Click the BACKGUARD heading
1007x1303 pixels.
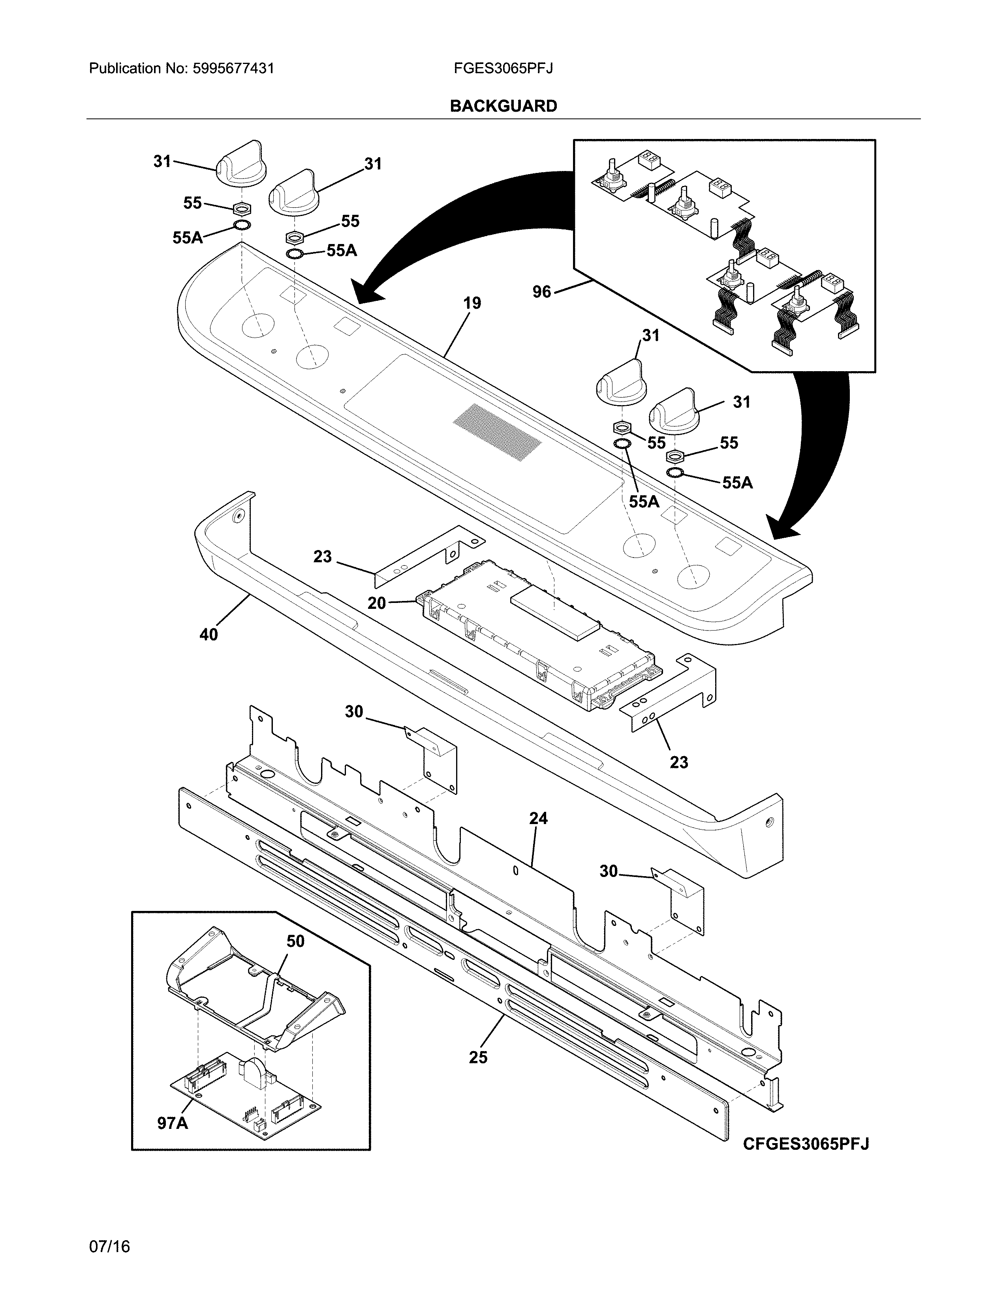(503, 106)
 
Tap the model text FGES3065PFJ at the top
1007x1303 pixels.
(503, 69)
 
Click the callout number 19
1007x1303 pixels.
(472, 303)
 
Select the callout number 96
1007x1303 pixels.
(542, 292)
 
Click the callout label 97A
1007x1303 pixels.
(173, 1123)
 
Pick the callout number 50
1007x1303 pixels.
(295, 941)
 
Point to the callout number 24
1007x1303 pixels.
(538, 819)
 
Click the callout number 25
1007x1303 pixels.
(478, 1057)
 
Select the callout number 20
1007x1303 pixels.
(376, 603)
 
